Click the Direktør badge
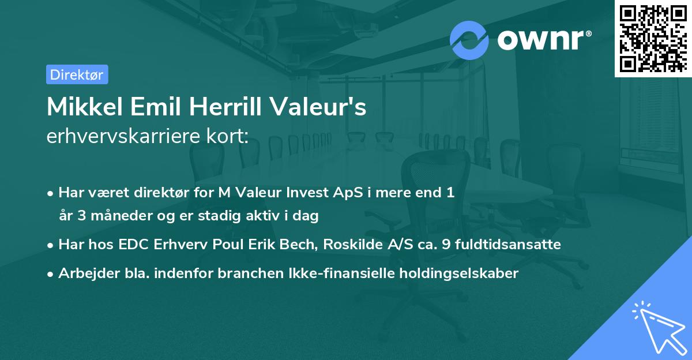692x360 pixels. pos(77,74)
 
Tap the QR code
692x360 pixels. pos(653,38)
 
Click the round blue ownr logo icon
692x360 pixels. pos(469,40)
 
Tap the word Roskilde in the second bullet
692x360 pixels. pos(348,245)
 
